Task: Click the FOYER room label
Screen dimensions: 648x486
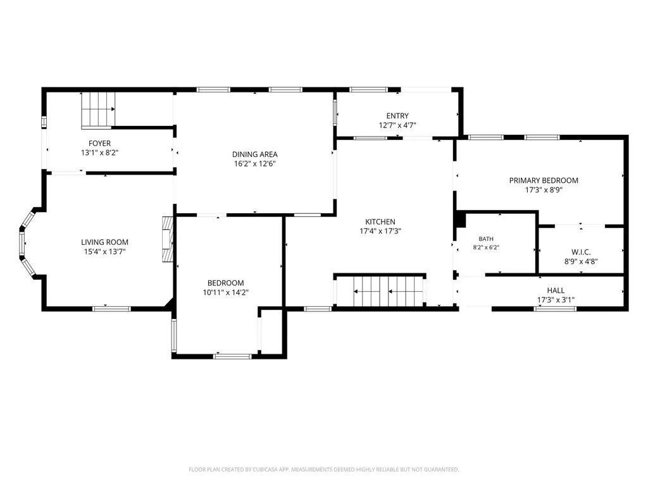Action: pos(99,144)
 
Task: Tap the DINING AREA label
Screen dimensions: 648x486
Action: pos(254,154)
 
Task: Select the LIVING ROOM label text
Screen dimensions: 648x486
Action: pos(104,242)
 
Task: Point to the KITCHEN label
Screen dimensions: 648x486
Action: pos(380,222)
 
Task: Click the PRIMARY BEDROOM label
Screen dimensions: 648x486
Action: pos(544,180)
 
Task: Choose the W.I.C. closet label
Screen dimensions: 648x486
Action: pos(581,252)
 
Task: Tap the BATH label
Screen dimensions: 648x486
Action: pos(486,239)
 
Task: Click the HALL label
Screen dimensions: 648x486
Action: pos(556,290)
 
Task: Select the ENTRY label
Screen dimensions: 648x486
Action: pos(397,116)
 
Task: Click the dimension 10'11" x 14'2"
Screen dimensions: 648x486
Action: pos(226,292)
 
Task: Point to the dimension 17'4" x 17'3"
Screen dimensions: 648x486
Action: pos(380,232)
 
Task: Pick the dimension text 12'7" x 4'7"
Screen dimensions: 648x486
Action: pos(397,125)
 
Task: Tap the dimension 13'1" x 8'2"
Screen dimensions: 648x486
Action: pos(99,153)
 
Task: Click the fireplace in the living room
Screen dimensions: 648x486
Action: pos(167,239)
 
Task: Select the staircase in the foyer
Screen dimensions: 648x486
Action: pos(98,109)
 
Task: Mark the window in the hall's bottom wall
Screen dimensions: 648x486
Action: pos(555,309)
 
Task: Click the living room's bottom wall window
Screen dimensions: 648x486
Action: pos(111,309)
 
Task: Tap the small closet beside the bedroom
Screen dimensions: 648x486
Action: pos(271,332)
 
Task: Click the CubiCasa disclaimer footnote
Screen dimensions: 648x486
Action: pos(324,470)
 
